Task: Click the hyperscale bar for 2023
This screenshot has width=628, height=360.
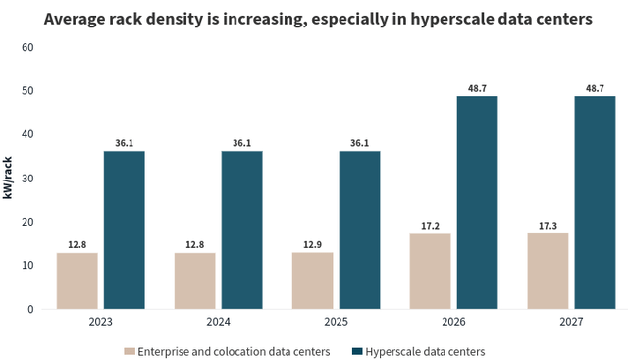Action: tap(124, 231)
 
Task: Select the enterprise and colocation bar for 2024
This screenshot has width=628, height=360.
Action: tap(194, 281)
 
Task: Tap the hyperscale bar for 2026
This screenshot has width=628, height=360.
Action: tap(477, 203)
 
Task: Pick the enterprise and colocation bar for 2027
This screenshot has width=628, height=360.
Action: tap(548, 271)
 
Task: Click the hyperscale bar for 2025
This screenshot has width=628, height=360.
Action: tap(359, 231)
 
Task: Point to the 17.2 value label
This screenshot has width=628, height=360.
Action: tap(430, 224)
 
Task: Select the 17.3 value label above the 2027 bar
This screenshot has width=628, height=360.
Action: tap(548, 224)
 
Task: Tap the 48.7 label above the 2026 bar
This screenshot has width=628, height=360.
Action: tap(477, 87)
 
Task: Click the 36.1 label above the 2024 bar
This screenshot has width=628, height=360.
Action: tap(241, 142)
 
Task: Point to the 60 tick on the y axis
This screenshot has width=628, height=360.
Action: tap(27, 47)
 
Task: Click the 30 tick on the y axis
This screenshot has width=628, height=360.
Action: tap(27, 179)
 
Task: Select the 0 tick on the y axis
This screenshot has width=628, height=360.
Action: tap(30, 309)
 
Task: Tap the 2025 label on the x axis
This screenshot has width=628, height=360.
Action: tap(336, 322)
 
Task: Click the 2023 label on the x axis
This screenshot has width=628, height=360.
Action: tap(100, 322)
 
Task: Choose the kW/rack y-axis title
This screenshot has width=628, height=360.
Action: tap(8, 178)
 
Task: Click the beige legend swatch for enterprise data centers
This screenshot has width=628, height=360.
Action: tap(130, 350)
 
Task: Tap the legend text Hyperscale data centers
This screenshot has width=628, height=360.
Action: tap(425, 350)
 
